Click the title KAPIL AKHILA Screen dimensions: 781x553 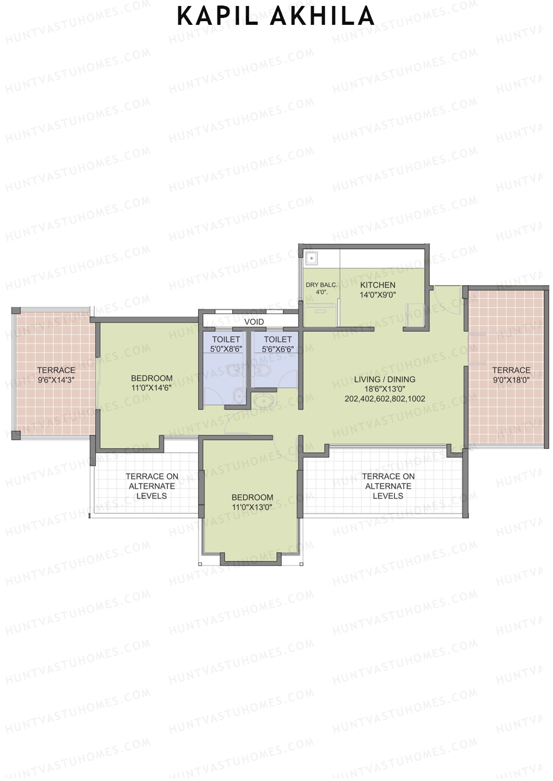(x=276, y=17)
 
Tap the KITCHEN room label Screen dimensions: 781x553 (x=377, y=285)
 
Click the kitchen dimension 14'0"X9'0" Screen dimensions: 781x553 (x=377, y=295)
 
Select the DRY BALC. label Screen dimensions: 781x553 (x=321, y=285)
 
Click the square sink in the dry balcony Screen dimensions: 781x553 (x=311, y=259)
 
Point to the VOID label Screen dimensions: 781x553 (x=254, y=322)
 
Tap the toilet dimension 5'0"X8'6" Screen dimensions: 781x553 (x=226, y=349)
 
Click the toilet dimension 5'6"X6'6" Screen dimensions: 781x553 (x=277, y=349)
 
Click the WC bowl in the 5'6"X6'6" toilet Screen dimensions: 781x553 (x=263, y=370)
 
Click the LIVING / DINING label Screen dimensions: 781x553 (x=384, y=379)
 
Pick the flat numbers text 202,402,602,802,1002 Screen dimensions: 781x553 (x=384, y=399)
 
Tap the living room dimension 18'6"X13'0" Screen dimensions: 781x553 (x=384, y=389)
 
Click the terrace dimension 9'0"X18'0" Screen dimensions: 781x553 (x=511, y=380)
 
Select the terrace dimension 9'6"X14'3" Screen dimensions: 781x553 (x=56, y=380)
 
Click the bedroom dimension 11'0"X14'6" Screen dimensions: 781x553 (x=151, y=388)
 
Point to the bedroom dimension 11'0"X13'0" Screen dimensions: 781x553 (x=252, y=507)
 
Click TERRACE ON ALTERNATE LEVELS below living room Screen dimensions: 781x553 (x=388, y=486)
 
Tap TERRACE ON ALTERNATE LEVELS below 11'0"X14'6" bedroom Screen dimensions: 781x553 (x=152, y=486)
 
